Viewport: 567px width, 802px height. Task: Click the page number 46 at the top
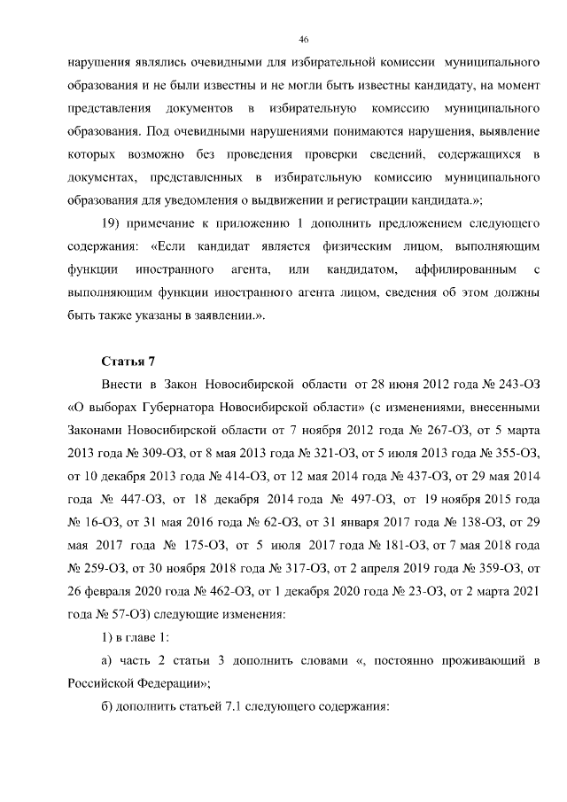click(303, 40)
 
